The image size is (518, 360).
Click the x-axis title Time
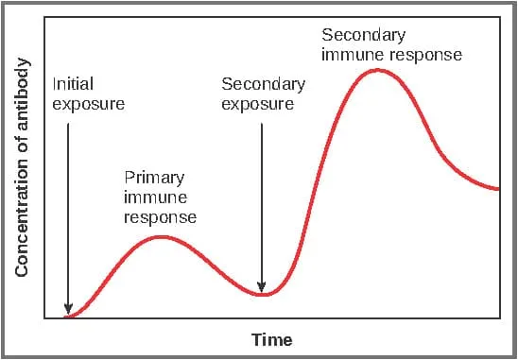[x=272, y=339]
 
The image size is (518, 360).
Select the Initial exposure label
[x=87, y=94]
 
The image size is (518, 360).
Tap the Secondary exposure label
[x=263, y=94]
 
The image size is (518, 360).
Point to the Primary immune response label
[x=160, y=197]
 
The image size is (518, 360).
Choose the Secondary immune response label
[x=391, y=44]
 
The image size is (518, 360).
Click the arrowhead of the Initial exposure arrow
[x=68, y=307]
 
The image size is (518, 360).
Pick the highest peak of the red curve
[x=378, y=70]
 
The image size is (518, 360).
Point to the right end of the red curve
[x=497, y=189]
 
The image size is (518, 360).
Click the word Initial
[x=73, y=83]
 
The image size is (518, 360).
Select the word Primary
[x=154, y=177]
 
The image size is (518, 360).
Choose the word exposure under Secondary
[x=257, y=104]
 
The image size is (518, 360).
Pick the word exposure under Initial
[x=87, y=104]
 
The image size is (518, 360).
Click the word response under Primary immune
[x=160, y=217]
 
